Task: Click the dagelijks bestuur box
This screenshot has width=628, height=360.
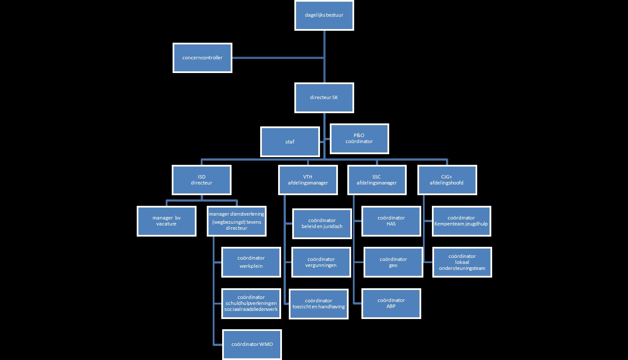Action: (324, 15)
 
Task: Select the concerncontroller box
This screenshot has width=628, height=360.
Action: (202, 58)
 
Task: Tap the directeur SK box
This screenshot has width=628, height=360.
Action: (324, 97)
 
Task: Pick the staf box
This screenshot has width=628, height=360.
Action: (290, 142)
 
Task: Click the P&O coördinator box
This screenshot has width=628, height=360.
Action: (359, 138)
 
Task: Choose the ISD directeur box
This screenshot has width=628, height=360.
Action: (202, 180)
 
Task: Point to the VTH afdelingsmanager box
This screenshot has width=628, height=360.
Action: (308, 180)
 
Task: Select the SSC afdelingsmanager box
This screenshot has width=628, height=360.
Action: (377, 180)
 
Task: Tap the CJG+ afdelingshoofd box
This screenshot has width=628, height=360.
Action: (447, 180)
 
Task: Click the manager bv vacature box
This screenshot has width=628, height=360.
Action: (167, 221)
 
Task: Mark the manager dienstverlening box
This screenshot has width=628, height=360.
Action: (237, 221)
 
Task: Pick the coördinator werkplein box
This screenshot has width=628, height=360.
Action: (251, 262)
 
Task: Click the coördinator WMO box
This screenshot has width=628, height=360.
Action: (252, 344)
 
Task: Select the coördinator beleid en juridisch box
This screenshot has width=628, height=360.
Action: (322, 223)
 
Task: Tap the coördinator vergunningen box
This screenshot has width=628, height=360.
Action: (321, 262)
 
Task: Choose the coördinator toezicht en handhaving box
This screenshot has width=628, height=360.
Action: (319, 304)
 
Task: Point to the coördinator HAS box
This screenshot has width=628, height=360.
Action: (391, 221)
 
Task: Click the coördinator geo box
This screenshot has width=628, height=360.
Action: (393, 262)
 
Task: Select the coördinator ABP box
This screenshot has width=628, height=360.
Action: (391, 303)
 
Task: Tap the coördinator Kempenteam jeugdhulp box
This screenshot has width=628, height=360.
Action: (461, 221)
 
